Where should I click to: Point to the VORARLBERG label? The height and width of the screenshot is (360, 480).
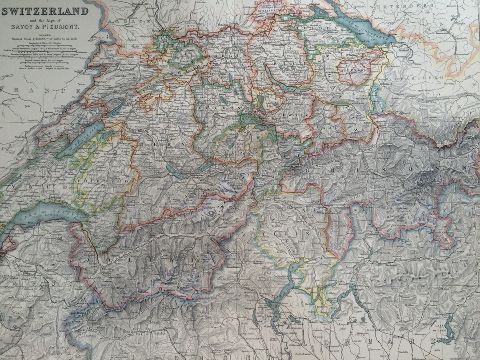[416, 77]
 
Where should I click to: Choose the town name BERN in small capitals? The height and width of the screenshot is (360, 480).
[141, 132]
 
